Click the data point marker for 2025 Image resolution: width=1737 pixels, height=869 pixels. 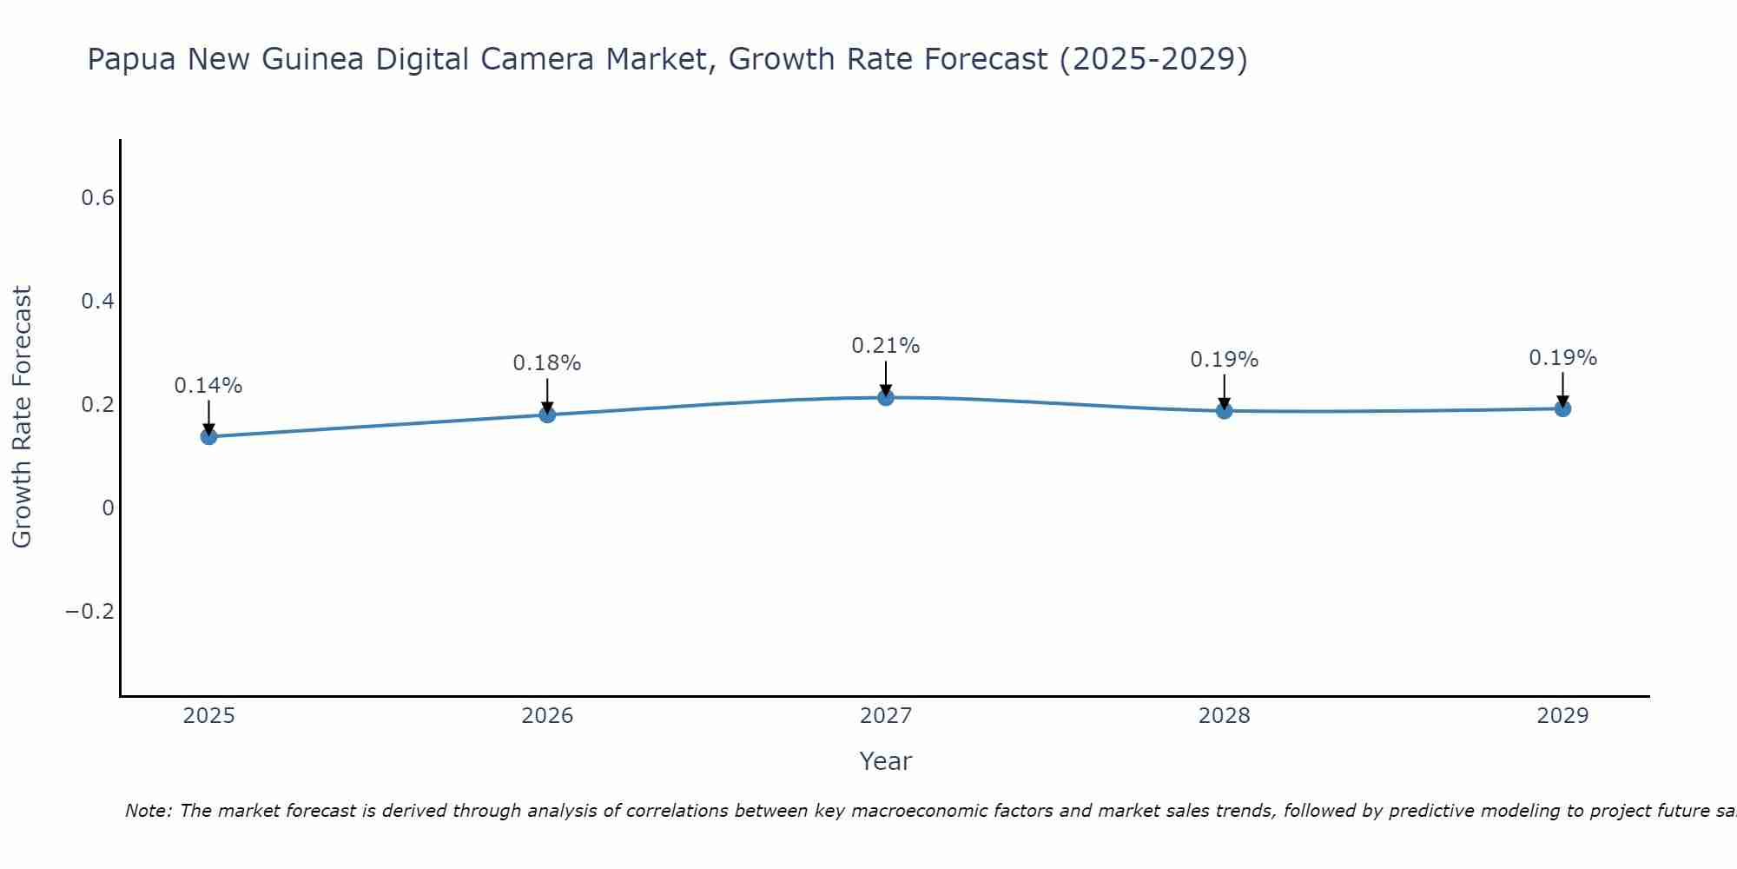pos(208,436)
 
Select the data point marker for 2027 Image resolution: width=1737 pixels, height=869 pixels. pos(885,397)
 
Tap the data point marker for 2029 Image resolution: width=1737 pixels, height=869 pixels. pos(1562,408)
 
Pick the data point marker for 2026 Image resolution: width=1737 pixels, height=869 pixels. pos(547,415)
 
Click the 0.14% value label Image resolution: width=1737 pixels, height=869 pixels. pos(208,386)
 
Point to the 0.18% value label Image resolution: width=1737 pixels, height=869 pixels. pos(547,363)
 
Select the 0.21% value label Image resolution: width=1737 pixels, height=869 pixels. pos(885,346)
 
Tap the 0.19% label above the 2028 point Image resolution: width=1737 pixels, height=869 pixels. pos(1224,360)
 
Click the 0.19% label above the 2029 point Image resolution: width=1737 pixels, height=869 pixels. pos(1562,358)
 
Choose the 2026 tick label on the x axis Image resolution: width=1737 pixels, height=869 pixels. pos(547,716)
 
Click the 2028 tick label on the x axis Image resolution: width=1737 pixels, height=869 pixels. pos(1224,716)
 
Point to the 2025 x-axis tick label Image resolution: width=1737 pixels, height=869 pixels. pos(208,716)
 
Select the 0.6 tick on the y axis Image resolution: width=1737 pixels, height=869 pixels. pos(98,198)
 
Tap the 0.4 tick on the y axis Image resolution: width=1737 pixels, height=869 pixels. pos(98,302)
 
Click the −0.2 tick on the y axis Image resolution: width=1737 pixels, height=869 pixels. pos(90,612)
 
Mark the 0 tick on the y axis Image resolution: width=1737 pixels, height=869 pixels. pos(108,508)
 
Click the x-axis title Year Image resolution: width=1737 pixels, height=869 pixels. pos(885,761)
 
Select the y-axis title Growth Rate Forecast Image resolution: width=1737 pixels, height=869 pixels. pos(22,417)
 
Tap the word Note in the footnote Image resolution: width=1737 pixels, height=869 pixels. pos(149,811)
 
